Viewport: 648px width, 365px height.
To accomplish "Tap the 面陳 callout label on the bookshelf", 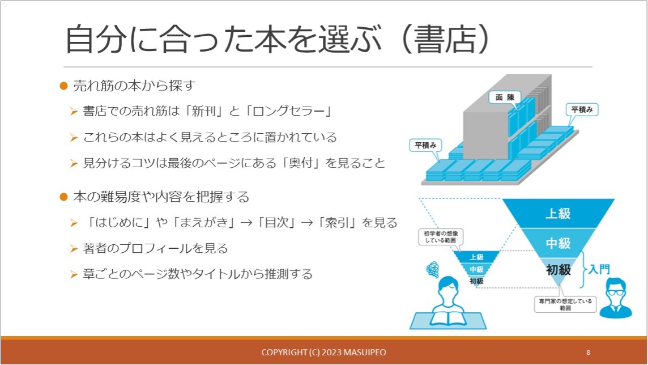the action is (x=505, y=97).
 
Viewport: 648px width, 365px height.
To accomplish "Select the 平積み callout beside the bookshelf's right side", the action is (x=582, y=109).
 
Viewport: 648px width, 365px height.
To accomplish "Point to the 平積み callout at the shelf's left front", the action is (x=425, y=145).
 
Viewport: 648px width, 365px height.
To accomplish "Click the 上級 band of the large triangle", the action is (x=558, y=213).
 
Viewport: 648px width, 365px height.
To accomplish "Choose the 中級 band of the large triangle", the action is (x=558, y=243).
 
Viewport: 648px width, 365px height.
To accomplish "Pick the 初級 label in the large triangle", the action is (x=558, y=270).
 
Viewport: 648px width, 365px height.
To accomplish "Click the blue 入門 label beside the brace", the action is (x=599, y=270).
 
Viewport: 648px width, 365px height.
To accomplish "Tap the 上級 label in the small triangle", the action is (x=476, y=257).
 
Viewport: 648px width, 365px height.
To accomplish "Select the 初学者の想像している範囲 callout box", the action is (x=441, y=237).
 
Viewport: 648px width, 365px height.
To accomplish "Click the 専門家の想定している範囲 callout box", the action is (x=565, y=304).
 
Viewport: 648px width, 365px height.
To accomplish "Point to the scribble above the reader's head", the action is (x=433, y=270).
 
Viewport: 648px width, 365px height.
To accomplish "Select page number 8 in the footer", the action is (x=588, y=353).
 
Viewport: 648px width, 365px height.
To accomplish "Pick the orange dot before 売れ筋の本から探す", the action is (x=63, y=86).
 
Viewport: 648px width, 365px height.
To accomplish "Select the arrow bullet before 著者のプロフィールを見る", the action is (x=74, y=249).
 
